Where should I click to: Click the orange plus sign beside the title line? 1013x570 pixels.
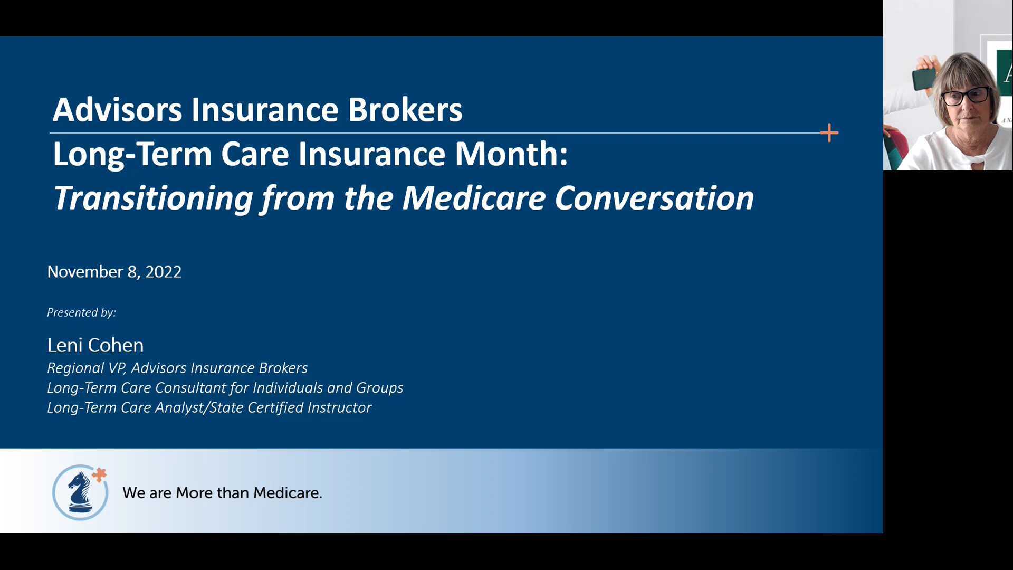tap(829, 133)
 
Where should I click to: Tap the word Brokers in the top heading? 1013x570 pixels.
tap(405, 110)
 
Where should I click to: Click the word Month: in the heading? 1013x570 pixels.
tap(511, 154)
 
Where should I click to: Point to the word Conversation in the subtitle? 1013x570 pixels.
tap(654, 198)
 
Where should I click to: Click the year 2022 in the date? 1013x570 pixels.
tap(164, 272)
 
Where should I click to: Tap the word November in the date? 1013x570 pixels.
tap(85, 272)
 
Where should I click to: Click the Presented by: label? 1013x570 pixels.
tap(82, 312)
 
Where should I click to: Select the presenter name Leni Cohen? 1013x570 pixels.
tap(95, 345)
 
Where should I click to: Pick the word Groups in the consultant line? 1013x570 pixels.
tap(379, 388)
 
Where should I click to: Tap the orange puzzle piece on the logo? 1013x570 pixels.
tap(99, 474)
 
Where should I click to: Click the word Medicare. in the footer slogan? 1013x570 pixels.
tap(288, 493)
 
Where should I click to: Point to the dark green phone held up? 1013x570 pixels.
tap(924, 79)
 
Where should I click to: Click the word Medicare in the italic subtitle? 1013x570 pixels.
tap(473, 198)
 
